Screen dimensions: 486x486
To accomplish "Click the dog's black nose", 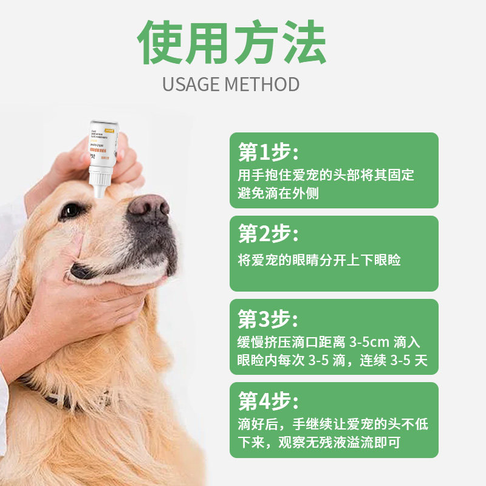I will tap(148, 208).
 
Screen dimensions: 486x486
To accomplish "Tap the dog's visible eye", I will tap(71, 211).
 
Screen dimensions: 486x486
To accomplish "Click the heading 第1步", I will tap(268, 151).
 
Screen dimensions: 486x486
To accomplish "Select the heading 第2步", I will tap(268, 233).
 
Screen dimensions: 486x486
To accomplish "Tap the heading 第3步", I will tap(268, 317).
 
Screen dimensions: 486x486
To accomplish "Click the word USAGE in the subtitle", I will tap(191, 84).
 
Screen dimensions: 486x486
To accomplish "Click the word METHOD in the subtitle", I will tap(262, 84).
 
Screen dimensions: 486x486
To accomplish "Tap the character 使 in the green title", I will tap(161, 44).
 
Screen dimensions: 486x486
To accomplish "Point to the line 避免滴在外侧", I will tap(278, 194).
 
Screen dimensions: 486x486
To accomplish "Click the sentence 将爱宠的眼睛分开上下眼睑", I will tap(319, 260).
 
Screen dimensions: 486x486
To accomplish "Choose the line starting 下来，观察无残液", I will tap(319, 442).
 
